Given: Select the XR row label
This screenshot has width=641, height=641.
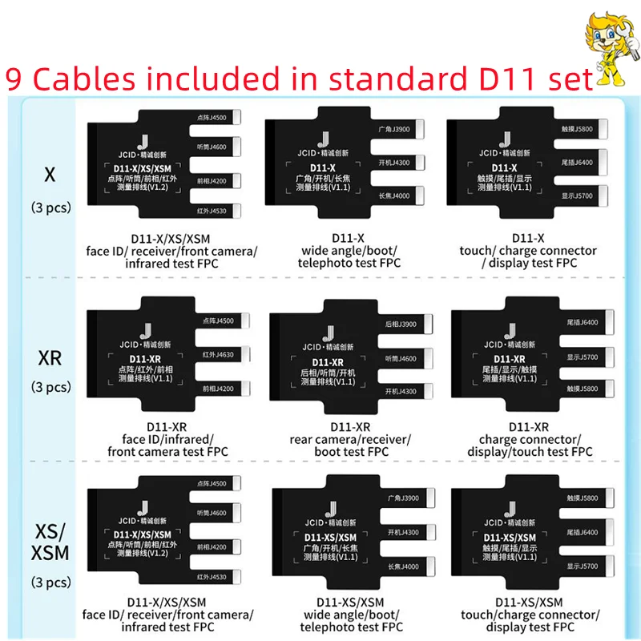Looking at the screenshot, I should coord(50,358).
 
